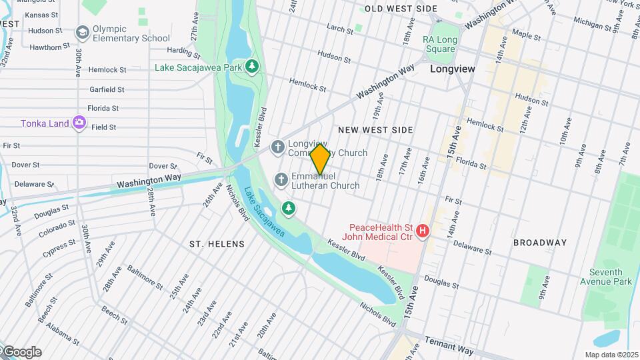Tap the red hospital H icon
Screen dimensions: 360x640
click(422, 231)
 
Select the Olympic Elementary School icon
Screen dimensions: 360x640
click(83, 33)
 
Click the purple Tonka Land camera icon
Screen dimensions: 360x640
click(79, 123)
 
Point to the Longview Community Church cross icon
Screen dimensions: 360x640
click(278, 147)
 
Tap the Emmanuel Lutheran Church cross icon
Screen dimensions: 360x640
click(281, 179)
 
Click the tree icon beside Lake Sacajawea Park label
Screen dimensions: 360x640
click(252, 66)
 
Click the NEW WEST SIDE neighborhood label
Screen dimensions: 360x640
click(375, 130)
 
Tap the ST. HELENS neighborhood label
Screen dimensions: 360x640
click(217, 244)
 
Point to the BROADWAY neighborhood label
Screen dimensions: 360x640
click(540, 243)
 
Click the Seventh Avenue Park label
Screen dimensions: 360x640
click(610, 277)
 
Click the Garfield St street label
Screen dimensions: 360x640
click(107, 89)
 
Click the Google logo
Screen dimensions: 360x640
click(21, 352)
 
